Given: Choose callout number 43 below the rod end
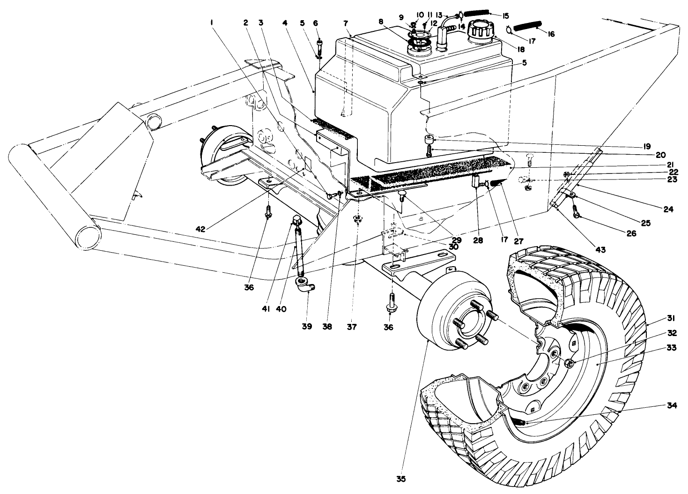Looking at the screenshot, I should coord(600,250).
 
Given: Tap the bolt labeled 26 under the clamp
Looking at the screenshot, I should coord(577,215).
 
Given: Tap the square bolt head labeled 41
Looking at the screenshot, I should coord(296,219).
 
